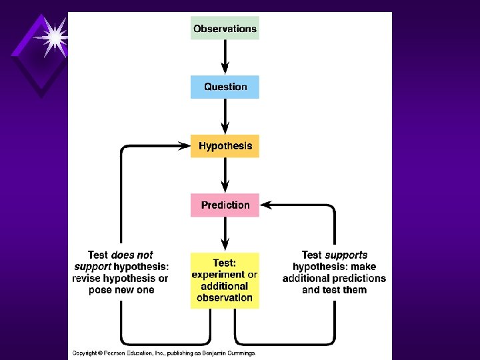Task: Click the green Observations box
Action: tap(225, 29)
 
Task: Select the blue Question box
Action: tap(225, 87)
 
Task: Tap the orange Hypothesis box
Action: tap(225, 146)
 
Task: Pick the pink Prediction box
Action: tap(225, 205)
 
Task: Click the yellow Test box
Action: tap(225, 280)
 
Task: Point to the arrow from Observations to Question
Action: tap(225, 57)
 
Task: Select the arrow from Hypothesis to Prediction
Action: tap(225, 175)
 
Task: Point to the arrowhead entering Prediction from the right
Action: tap(265, 205)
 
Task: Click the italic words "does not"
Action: tap(132, 255)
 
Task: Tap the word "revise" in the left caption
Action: tap(88, 278)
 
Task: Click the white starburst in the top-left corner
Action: tap(51, 37)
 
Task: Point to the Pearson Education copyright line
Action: tap(163, 353)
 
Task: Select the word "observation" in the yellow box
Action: tap(225, 298)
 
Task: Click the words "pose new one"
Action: tap(121, 290)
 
